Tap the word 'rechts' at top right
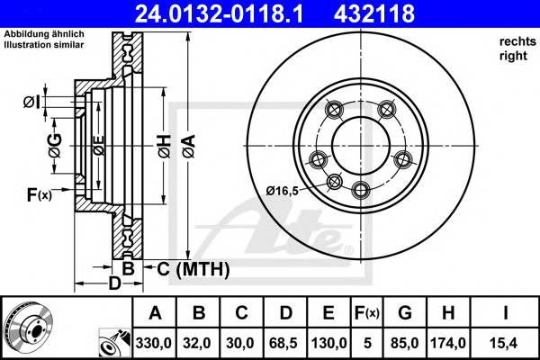(x=515, y=42)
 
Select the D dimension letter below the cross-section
(x=113, y=283)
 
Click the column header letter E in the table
(x=329, y=313)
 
